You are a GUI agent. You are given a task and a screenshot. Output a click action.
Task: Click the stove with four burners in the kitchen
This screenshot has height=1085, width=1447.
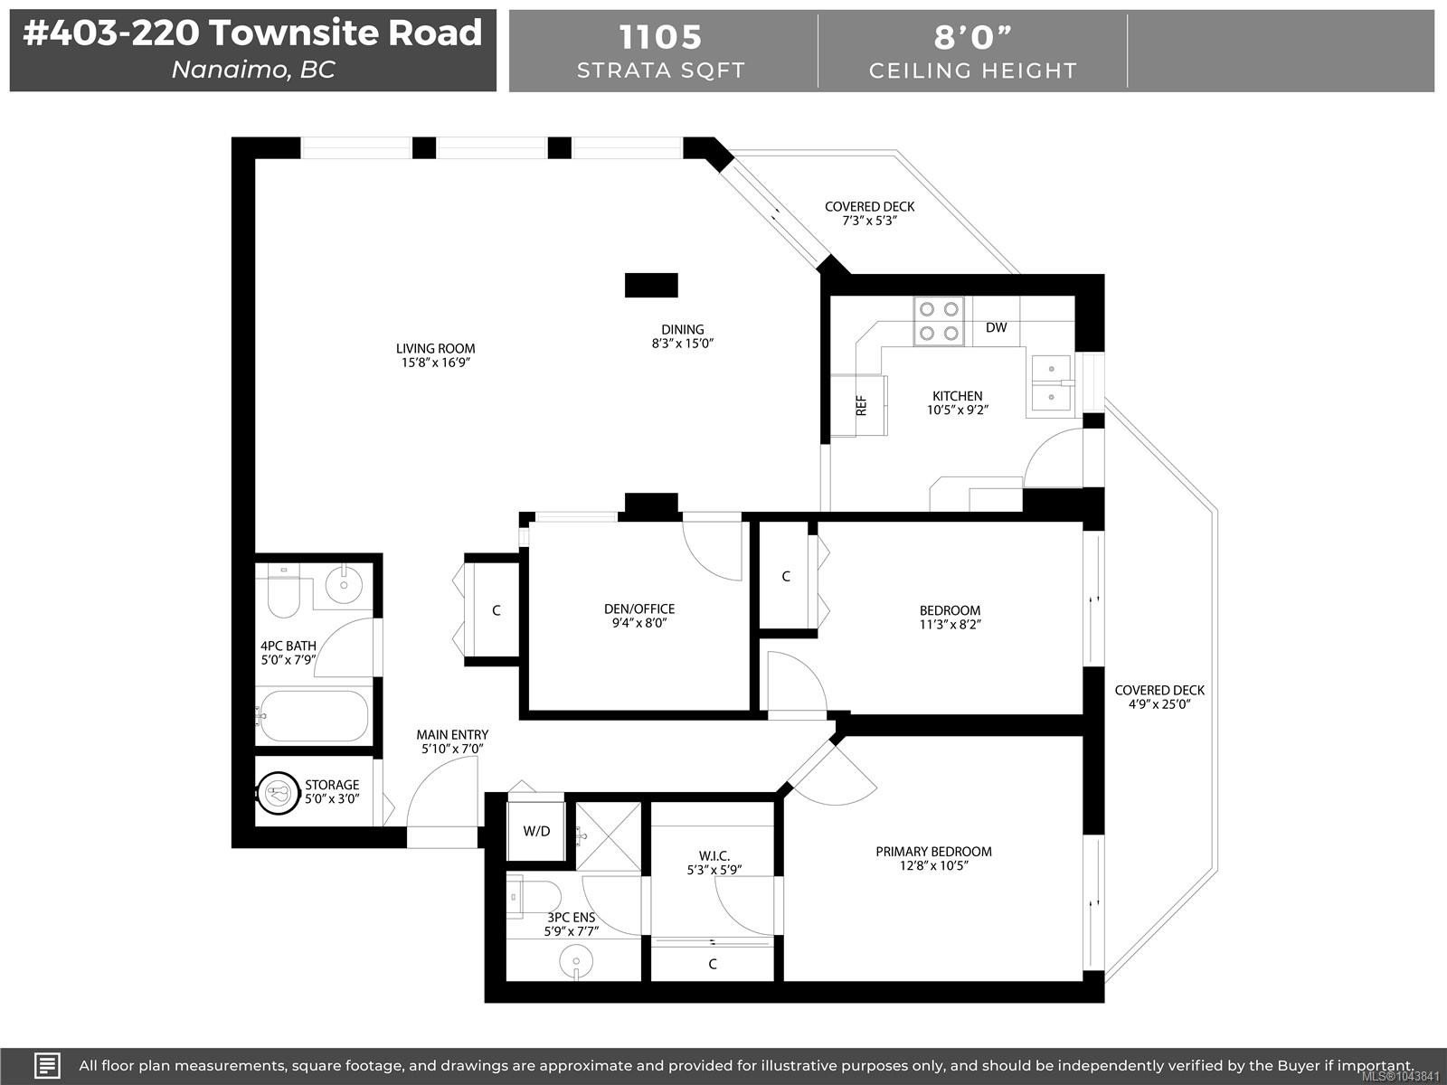click(x=939, y=321)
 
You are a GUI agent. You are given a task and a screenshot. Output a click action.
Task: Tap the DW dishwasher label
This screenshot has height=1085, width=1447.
click(x=996, y=327)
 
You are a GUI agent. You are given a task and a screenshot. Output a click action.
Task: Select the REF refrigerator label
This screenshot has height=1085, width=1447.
click(x=861, y=406)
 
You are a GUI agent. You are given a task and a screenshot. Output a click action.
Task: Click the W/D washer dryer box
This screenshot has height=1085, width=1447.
click(x=536, y=831)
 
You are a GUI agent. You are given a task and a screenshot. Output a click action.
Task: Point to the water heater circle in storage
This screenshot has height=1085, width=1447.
click(x=278, y=793)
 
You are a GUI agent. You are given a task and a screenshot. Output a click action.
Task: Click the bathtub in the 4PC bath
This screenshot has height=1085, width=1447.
click(x=312, y=716)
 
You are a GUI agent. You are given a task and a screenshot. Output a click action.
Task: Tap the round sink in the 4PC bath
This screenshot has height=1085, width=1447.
click(x=344, y=584)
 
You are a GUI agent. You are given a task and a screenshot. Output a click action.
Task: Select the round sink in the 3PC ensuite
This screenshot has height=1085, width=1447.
click(x=575, y=961)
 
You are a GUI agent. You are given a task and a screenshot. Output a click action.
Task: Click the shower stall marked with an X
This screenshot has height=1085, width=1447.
click(x=608, y=836)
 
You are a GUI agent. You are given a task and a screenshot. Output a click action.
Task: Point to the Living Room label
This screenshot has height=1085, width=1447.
click(x=435, y=348)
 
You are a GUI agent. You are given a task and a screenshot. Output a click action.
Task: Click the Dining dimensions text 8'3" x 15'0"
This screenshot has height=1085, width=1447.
click(x=682, y=344)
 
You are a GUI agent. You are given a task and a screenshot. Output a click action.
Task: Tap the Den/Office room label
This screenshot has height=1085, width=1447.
click(x=639, y=609)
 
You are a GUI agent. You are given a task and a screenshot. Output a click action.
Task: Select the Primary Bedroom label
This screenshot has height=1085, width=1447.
click(x=933, y=851)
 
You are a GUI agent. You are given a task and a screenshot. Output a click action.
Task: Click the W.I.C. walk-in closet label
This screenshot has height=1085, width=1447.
click(x=714, y=855)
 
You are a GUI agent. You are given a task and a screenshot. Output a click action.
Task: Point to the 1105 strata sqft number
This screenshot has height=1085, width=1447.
click(x=660, y=37)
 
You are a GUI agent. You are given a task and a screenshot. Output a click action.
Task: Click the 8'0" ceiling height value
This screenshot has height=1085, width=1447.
click(x=972, y=37)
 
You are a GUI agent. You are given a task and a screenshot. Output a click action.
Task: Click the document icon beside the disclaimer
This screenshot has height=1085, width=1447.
click(x=47, y=1065)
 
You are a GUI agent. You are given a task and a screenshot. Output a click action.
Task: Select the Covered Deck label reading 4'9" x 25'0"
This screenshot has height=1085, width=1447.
click(x=1159, y=697)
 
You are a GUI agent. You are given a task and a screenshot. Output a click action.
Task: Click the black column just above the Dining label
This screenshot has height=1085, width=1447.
click(x=651, y=285)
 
